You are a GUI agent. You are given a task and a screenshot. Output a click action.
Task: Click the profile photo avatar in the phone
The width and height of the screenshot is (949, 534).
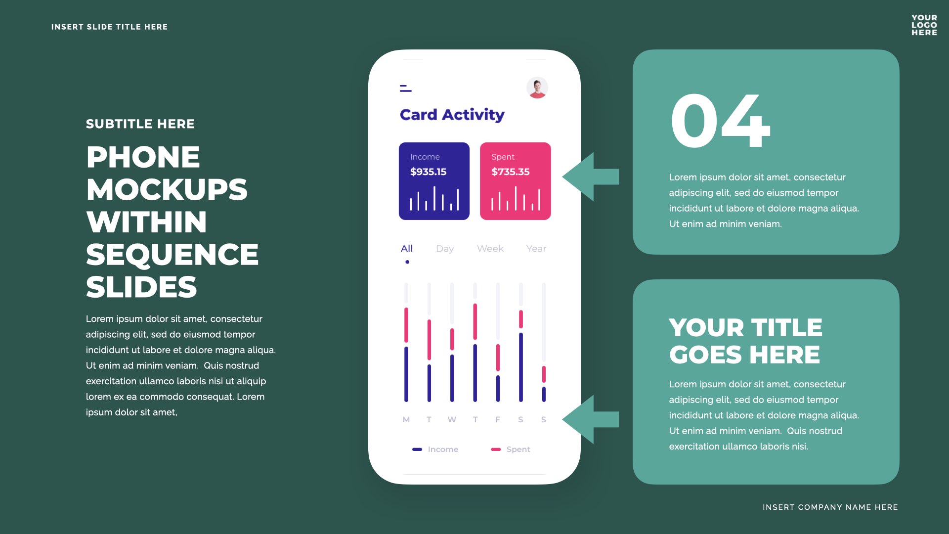tap(537, 88)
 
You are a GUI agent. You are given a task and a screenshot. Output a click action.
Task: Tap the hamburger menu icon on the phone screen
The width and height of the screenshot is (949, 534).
tap(406, 88)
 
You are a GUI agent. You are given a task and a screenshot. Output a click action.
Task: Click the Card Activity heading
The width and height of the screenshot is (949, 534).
tap(452, 115)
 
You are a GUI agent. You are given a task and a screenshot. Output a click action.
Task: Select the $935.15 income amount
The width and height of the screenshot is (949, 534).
tap(428, 172)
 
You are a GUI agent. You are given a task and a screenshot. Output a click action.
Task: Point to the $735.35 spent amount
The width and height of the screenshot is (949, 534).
tap(510, 172)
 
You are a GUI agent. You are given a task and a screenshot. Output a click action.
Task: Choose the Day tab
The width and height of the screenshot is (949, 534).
tap(445, 249)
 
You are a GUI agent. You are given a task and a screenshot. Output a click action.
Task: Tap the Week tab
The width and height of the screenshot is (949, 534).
tap(490, 249)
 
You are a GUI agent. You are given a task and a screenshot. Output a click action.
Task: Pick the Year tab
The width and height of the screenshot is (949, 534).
tap(536, 249)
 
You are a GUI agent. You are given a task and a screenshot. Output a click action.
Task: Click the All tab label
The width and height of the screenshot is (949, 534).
tap(407, 249)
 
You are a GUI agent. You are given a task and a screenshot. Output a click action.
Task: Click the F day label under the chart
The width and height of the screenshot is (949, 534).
tap(498, 420)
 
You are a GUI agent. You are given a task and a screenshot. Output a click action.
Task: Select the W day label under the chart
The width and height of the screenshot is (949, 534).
tap(452, 420)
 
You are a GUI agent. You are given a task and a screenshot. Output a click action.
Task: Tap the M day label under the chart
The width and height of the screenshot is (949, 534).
tap(406, 420)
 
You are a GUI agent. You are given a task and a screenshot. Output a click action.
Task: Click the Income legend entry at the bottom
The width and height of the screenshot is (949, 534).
tap(435, 449)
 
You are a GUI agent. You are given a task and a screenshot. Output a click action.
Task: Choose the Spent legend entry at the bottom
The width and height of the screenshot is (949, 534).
tap(511, 449)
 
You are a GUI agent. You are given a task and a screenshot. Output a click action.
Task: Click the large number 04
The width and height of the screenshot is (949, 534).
tap(720, 121)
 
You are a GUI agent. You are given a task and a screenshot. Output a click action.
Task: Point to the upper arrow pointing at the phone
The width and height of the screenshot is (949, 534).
tap(591, 177)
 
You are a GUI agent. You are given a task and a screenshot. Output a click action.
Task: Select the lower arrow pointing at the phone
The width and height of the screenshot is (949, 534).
tap(591, 419)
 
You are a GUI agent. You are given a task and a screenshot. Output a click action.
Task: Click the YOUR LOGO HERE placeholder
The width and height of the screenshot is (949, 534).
tap(924, 25)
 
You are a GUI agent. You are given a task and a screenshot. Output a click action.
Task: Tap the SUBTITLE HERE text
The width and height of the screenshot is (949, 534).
tap(140, 124)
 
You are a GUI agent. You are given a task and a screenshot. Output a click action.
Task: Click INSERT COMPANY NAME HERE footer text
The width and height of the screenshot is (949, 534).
tap(830, 507)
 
